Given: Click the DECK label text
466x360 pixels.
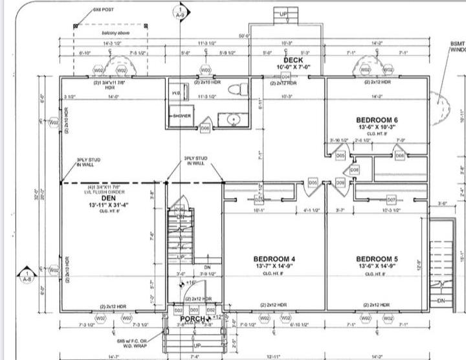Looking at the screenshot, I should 289,60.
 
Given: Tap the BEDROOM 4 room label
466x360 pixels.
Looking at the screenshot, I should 275,259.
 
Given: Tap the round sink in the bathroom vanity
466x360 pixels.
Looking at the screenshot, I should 232,119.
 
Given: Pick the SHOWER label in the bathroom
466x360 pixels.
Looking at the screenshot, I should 181,116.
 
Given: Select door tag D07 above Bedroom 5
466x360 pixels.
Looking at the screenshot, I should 391,200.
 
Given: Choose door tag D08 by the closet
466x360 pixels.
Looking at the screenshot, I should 354,170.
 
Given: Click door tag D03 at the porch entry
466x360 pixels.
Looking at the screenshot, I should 194,311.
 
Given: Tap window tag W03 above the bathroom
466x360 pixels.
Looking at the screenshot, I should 205,70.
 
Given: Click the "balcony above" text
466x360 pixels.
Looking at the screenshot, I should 114,32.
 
